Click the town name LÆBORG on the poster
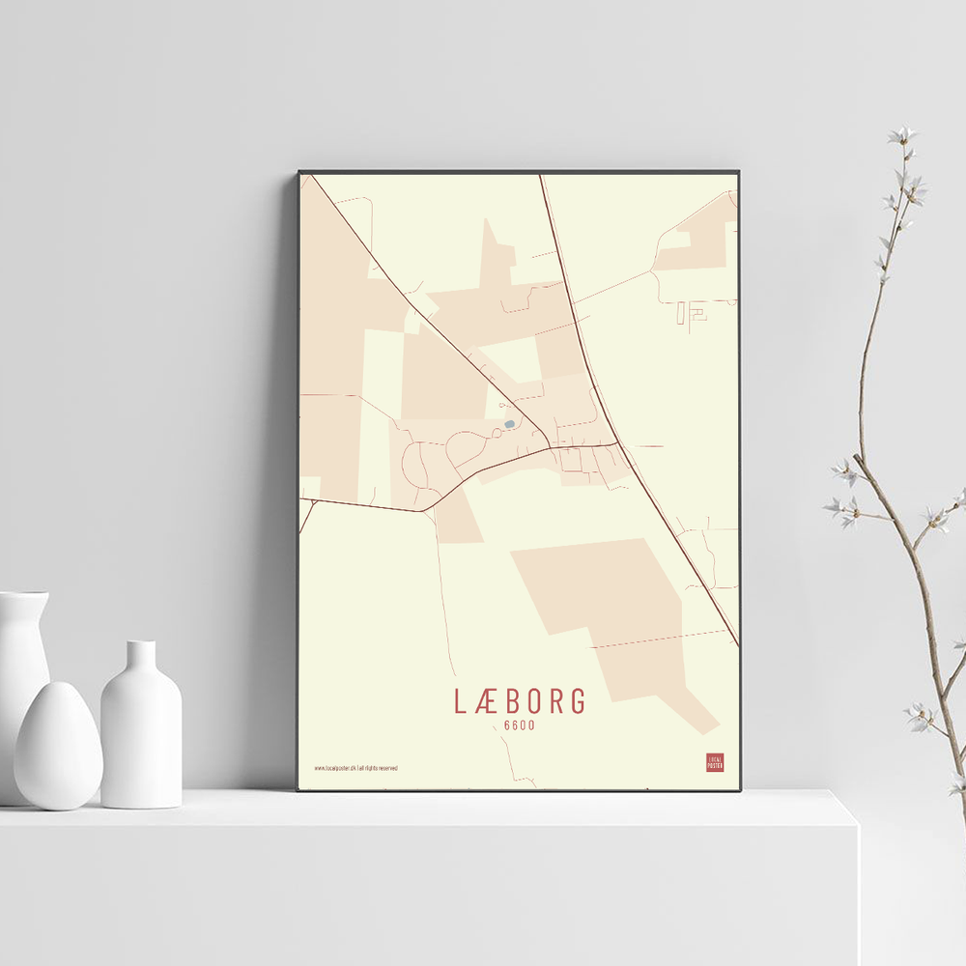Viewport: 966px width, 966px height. pyautogui.click(x=520, y=702)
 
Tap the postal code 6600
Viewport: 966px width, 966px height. pyautogui.click(x=519, y=726)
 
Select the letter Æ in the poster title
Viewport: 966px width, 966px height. pyautogui.click(x=488, y=702)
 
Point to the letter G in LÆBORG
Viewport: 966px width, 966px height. pyautogui.click(x=577, y=702)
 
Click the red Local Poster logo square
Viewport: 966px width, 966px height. pyautogui.click(x=715, y=762)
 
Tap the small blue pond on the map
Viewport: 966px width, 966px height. pyautogui.click(x=509, y=423)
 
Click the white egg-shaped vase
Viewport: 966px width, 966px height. pyautogui.click(x=58, y=745)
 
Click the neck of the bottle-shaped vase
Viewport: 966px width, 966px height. pyautogui.click(x=141, y=657)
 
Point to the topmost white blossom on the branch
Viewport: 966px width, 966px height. pyautogui.click(x=903, y=135)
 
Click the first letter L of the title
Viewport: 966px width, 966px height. pyautogui.click(x=461, y=702)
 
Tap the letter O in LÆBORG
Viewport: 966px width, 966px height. pyautogui.click(x=533, y=702)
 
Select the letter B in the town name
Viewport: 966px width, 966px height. pyautogui.click(x=512, y=702)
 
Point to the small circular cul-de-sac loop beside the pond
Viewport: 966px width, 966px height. pyautogui.click(x=465, y=447)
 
